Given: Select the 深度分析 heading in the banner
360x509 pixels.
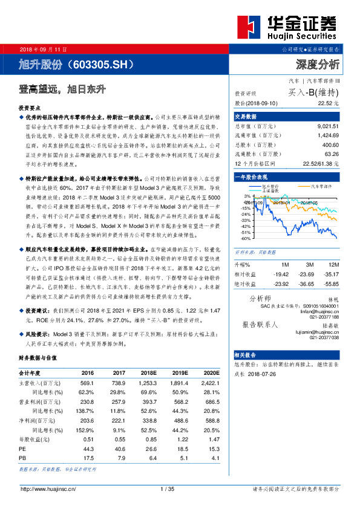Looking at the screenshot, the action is [x=317, y=63].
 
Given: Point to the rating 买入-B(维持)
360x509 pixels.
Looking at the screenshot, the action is [x=313, y=92].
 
